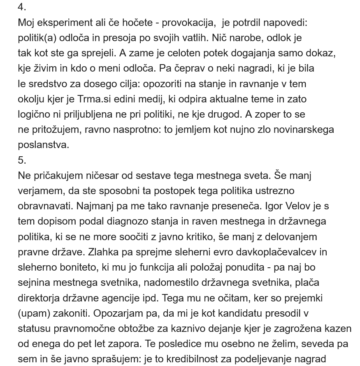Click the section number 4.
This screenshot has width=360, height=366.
tap(22, 7)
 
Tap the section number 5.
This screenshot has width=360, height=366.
tap(22, 160)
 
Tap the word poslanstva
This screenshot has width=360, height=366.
tap(44, 145)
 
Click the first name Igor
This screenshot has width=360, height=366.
tap(274, 206)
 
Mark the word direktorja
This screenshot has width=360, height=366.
tap(39, 298)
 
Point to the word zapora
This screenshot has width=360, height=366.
tap(129, 343)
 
